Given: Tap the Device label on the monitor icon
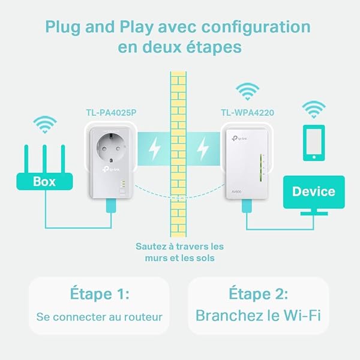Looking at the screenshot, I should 313,191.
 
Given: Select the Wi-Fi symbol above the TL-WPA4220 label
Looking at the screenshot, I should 247,91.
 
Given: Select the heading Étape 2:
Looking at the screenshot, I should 259,294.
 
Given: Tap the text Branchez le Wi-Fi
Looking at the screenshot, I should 259,315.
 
